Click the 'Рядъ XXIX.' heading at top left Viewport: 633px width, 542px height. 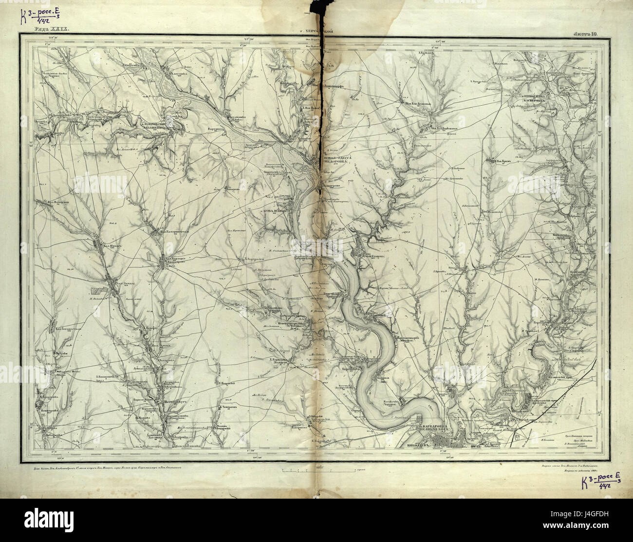tap(51, 30)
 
